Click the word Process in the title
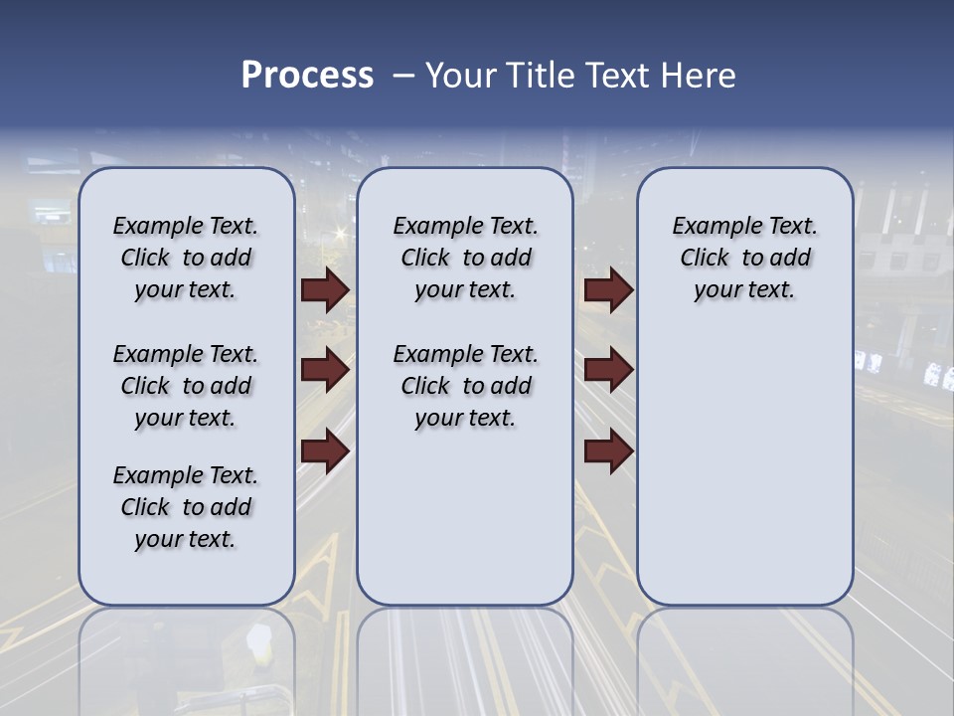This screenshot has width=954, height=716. pos(307,76)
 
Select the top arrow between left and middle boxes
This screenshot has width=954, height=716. pos(325,290)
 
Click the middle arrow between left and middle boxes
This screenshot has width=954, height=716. pos(325,371)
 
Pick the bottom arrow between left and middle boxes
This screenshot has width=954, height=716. pos(325,451)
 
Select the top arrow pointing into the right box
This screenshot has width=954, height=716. pos(608,290)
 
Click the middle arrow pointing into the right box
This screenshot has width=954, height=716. pos(608,371)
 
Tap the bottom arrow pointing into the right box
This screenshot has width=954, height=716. pos(608,451)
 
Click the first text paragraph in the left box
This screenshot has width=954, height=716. pos(186,258)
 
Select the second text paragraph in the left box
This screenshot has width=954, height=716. pos(186,386)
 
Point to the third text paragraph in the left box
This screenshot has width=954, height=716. pos(186,507)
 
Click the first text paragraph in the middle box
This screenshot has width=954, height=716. pos(465,258)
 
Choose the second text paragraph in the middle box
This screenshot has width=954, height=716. pos(465,386)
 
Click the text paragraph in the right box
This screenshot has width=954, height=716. pos(744,258)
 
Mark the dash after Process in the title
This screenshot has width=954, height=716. pos(402,76)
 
